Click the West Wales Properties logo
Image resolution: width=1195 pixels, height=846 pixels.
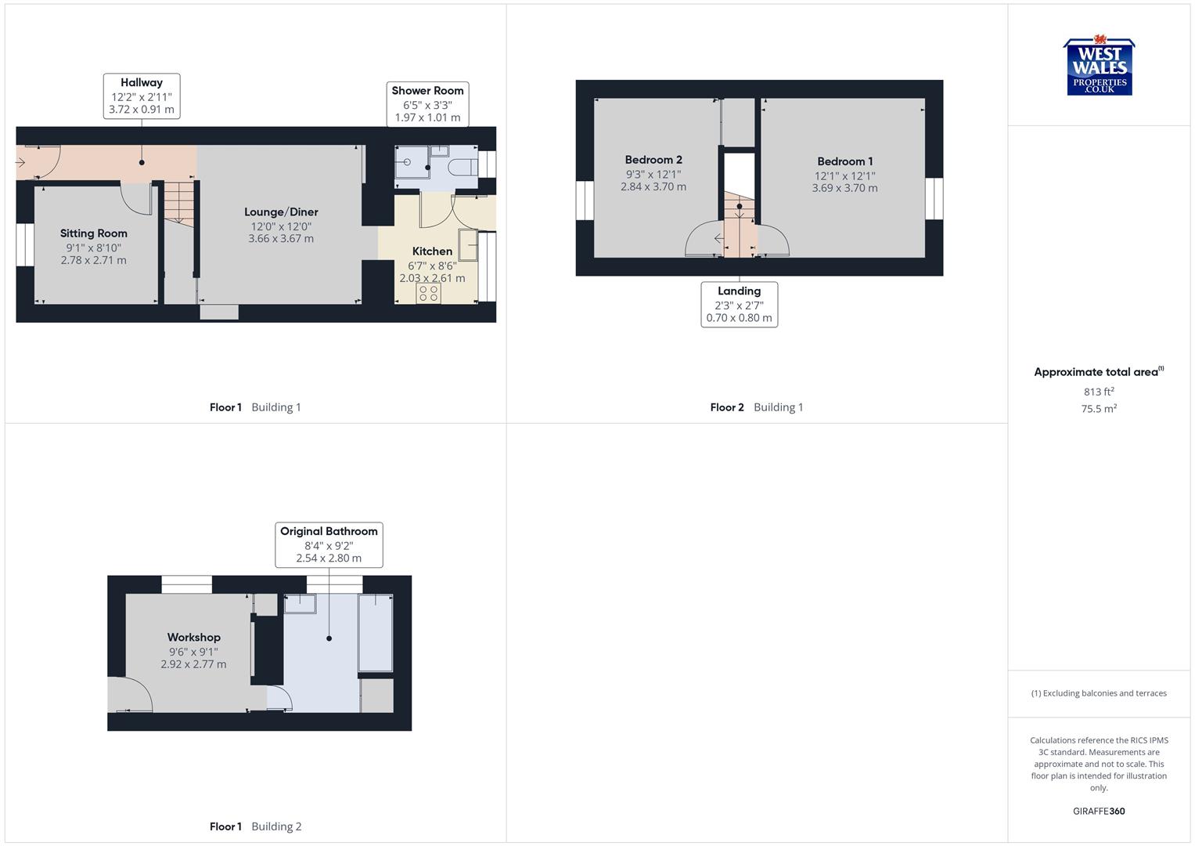point(1099,67)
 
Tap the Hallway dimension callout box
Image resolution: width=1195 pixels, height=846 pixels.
point(142,96)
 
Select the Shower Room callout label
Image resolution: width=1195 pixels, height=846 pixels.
point(427,104)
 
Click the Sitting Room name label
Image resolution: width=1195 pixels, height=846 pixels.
point(94,233)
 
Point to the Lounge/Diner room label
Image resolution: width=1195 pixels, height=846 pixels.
point(281,212)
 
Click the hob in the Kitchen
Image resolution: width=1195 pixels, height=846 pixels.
point(428,293)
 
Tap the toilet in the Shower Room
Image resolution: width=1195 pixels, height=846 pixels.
point(463,167)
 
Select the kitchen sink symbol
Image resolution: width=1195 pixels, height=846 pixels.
point(468,244)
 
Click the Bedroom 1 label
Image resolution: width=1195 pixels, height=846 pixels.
point(845,161)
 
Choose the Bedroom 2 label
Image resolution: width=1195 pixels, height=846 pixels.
point(653,160)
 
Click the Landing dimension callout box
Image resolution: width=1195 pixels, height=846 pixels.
point(739,305)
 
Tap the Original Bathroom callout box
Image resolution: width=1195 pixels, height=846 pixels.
point(329,544)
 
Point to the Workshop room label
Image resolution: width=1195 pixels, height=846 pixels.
point(193,638)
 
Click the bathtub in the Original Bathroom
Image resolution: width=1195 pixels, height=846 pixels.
point(376,633)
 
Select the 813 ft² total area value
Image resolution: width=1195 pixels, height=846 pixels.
point(1099,392)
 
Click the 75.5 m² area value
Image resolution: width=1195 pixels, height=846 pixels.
point(1099,409)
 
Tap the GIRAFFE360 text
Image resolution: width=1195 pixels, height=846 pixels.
point(1099,812)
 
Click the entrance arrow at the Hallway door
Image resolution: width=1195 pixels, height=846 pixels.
point(20,163)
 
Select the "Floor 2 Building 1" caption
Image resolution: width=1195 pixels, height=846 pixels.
point(756,407)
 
